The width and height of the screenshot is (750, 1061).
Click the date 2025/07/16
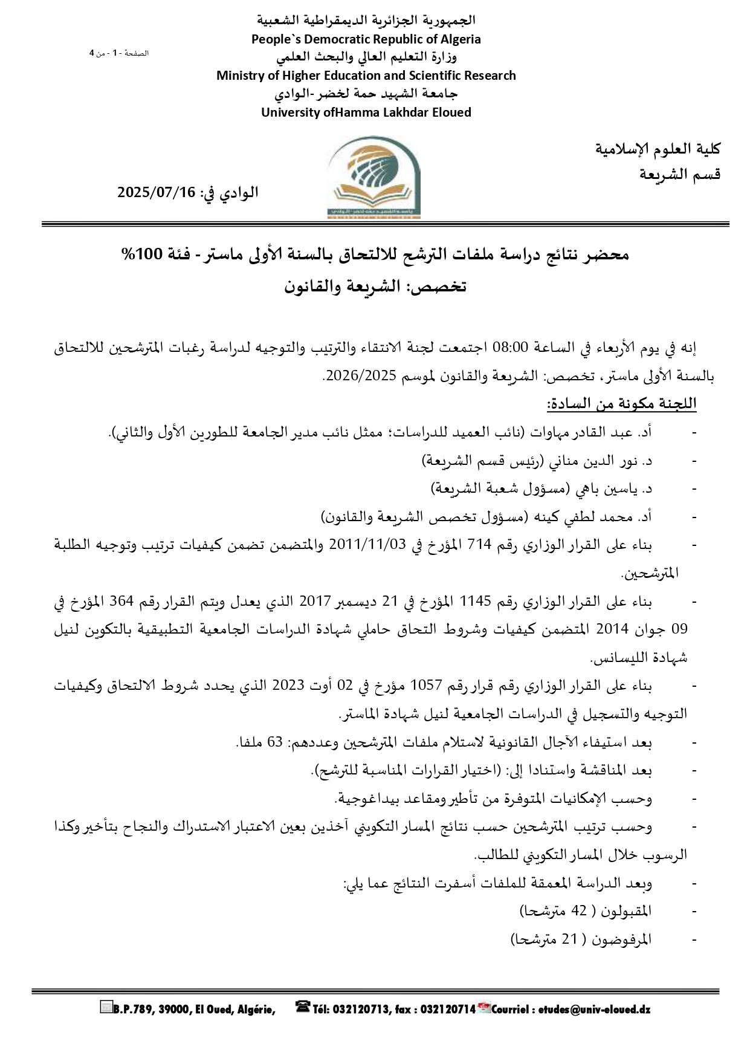point(157,193)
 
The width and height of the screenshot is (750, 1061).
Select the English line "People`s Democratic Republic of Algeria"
point(366,39)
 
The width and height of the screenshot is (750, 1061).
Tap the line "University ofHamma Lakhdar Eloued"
point(366,112)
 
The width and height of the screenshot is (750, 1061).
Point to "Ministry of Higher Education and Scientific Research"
point(366,76)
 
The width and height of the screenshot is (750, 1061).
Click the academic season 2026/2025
point(354,375)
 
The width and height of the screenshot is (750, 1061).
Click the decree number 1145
point(476,602)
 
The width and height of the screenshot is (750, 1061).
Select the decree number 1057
point(427,686)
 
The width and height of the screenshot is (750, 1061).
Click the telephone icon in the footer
point(302,1007)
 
